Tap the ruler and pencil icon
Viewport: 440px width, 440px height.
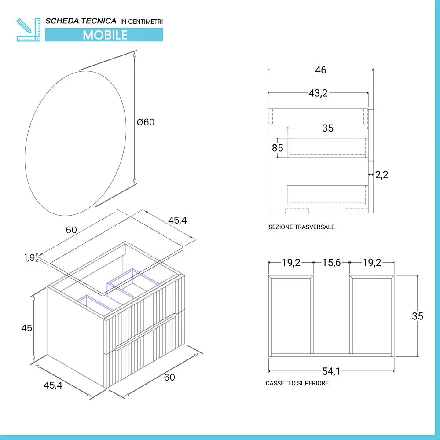coord(28,29)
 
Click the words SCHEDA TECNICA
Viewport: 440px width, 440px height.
coord(81,21)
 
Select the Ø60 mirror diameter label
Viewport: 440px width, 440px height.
coord(146,122)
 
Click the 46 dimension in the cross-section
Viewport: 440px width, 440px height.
coord(321,70)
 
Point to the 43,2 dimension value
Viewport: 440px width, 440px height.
coord(318,93)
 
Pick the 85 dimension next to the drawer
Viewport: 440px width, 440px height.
coord(278,148)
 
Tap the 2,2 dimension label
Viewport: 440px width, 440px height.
coord(382,175)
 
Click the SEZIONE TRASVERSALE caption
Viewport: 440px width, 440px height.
coord(301,227)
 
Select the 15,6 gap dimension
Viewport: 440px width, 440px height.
coord(331,263)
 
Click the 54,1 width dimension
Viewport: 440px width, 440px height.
coord(331,372)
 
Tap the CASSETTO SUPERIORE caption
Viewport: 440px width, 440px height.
coord(297,383)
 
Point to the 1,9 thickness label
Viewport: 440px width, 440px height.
coord(29,258)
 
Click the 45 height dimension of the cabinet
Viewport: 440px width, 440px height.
coord(27,328)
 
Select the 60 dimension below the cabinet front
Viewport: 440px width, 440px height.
coord(169,377)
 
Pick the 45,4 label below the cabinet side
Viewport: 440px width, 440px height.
coord(52,385)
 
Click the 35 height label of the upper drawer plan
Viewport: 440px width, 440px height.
coord(417,316)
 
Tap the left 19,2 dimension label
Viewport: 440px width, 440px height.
coord(291,263)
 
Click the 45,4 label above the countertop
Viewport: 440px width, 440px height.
coord(178,220)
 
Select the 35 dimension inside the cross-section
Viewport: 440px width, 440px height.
coord(327,128)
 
